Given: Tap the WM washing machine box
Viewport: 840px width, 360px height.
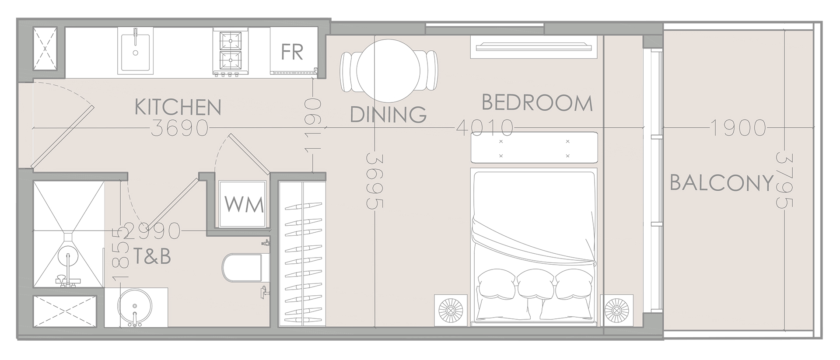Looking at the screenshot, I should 244,204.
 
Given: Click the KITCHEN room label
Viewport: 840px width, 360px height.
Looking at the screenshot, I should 178,107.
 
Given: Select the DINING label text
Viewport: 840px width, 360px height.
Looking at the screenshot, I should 388,115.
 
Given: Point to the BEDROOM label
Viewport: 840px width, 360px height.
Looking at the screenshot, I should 537,103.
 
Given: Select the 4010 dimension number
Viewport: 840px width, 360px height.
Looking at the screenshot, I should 484,128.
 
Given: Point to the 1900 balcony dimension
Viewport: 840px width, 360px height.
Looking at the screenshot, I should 738,128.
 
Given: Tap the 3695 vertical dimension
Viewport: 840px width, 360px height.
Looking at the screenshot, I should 375,180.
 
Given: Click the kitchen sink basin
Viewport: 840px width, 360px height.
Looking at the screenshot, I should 136,52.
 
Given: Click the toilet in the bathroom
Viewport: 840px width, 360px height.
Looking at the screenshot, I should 242,267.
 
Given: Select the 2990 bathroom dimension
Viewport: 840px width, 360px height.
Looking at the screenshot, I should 152,231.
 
